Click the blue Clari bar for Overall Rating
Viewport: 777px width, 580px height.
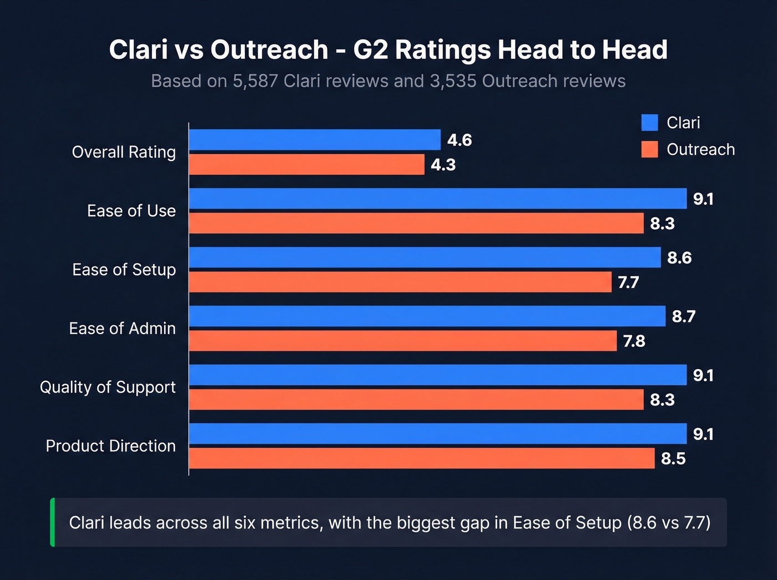315,140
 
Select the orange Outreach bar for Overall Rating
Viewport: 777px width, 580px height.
306,165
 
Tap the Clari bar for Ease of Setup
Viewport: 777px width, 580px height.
425,258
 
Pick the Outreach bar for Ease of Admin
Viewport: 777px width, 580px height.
402,341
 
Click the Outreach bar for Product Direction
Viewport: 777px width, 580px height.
421,458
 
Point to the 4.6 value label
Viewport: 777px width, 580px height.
460,140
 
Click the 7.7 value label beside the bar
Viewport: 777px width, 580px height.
628,283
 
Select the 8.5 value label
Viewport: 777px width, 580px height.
673,459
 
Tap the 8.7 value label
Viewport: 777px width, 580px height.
683,316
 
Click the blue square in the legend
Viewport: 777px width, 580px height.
649,123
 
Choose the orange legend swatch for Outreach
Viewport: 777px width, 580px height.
649,150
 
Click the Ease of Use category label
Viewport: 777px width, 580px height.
131,211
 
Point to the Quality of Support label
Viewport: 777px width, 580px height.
108,387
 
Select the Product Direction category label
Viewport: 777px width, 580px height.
110,446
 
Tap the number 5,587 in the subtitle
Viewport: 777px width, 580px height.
255,81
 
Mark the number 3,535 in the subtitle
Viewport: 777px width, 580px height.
453,81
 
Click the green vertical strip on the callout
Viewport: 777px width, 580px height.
53,522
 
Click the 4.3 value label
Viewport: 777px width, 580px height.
443,165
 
